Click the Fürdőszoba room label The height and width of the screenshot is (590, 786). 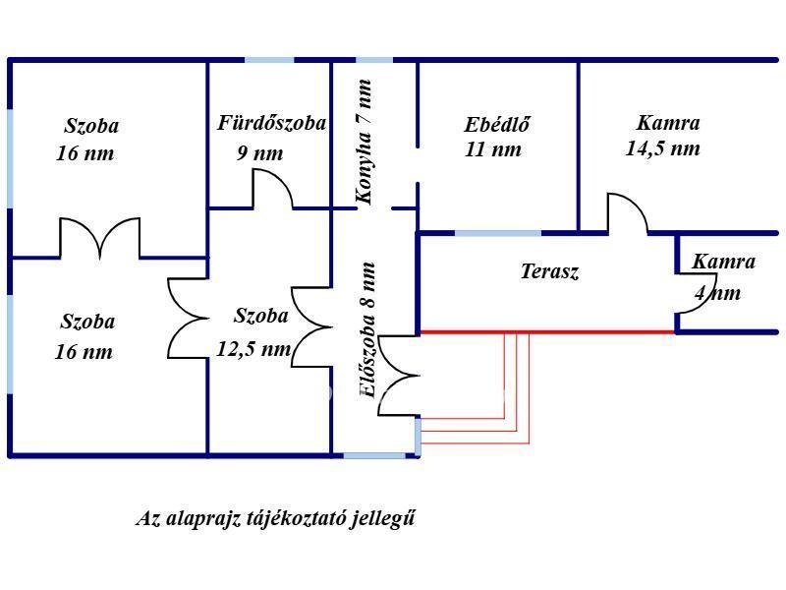[x=271, y=124]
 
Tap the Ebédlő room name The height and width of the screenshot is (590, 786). [x=496, y=125]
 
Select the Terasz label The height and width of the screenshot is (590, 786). [x=549, y=271]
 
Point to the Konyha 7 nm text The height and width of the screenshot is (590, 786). [x=365, y=142]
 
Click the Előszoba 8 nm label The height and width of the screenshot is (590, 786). [x=367, y=330]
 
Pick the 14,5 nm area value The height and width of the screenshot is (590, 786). [x=662, y=149]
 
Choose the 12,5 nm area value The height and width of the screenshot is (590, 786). [x=253, y=349]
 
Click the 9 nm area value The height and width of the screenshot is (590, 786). [x=259, y=153]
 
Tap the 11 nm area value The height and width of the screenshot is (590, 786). [x=493, y=149]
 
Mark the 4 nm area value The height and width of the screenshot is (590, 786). [x=717, y=292]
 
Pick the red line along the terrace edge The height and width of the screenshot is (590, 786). [x=546, y=331]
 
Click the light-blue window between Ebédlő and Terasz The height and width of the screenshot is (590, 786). [x=498, y=233]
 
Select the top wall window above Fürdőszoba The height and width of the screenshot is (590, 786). [x=269, y=60]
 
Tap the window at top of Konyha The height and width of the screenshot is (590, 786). [x=374, y=60]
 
